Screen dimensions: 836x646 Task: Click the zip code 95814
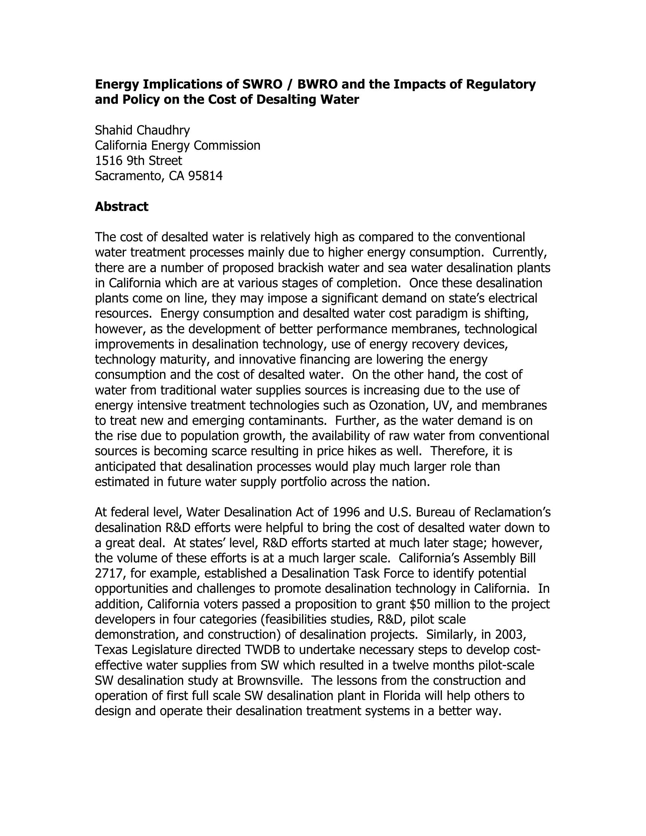(206, 176)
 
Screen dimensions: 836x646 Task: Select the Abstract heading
(121, 207)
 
